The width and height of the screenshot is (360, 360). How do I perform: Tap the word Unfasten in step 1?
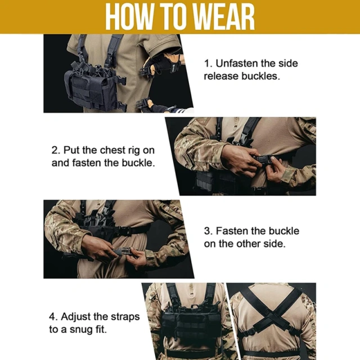[238, 63]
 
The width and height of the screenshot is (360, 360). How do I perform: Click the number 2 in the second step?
[55, 151]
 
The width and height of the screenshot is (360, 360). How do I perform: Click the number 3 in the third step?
[206, 231]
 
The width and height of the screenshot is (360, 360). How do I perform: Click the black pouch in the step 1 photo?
[90, 90]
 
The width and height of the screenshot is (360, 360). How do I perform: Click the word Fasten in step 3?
[234, 231]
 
